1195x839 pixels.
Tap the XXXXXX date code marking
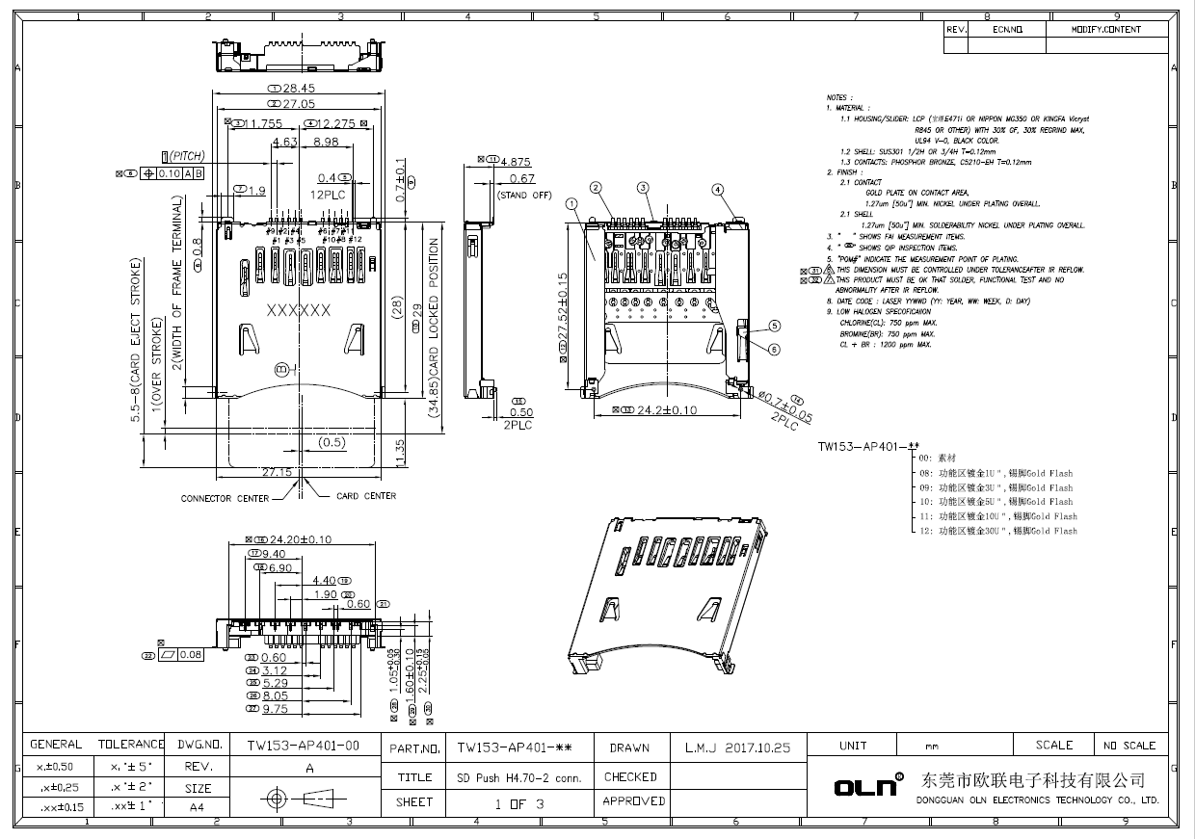[x=298, y=310]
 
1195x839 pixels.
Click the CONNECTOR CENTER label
[x=225, y=498]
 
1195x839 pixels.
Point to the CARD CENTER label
[x=365, y=496]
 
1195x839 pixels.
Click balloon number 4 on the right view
[x=717, y=189]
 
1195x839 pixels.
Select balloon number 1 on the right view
[x=571, y=203]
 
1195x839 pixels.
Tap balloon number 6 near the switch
[x=773, y=349]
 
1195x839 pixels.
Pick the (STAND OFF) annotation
[x=524, y=196]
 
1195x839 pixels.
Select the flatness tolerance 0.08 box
[x=183, y=655]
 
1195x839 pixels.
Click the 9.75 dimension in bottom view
[x=275, y=708]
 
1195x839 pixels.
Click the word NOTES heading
[x=837, y=97]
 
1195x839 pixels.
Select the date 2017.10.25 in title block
[x=737, y=747]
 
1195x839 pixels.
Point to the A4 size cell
[x=196, y=807]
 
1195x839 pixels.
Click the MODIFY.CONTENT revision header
[x=1105, y=30]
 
